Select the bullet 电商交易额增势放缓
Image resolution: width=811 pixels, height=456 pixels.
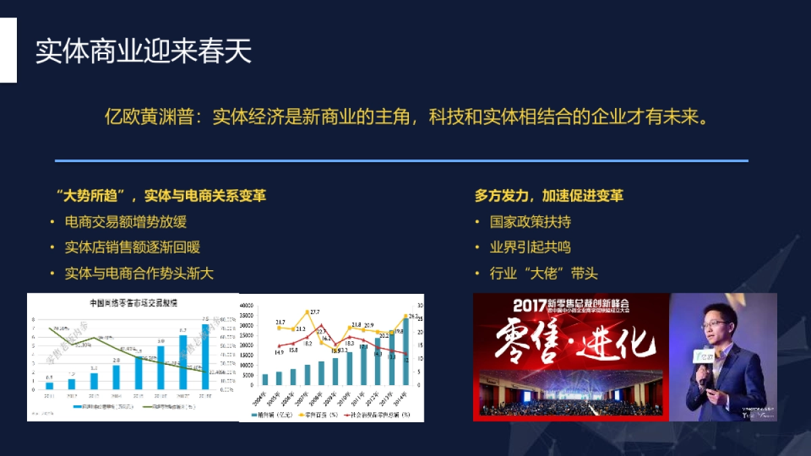point(126,222)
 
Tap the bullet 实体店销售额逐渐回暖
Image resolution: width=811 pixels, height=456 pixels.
point(132,248)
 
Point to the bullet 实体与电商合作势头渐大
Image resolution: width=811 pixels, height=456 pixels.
point(139,274)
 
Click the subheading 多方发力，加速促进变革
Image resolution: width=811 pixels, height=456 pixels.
point(549,196)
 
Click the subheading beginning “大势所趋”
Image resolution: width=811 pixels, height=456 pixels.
point(161,196)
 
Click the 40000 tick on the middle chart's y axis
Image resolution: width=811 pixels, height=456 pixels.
point(247,305)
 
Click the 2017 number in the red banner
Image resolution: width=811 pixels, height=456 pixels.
point(529,305)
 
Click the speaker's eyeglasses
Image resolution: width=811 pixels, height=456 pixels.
point(715,325)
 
